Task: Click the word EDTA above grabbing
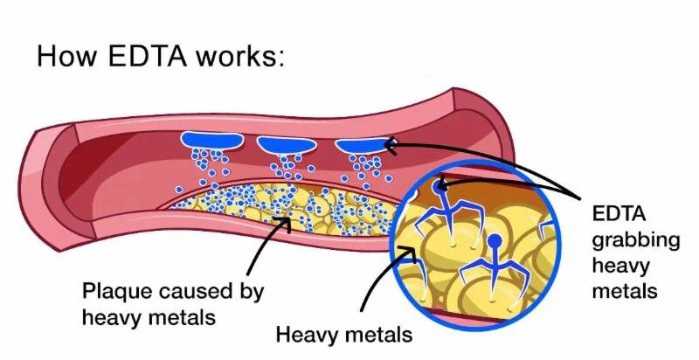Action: [x=618, y=213]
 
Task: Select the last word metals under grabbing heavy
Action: [x=624, y=290]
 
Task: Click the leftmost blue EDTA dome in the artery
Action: [x=213, y=139]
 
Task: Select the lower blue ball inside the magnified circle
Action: [x=495, y=240]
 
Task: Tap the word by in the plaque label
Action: [x=250, y=290]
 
